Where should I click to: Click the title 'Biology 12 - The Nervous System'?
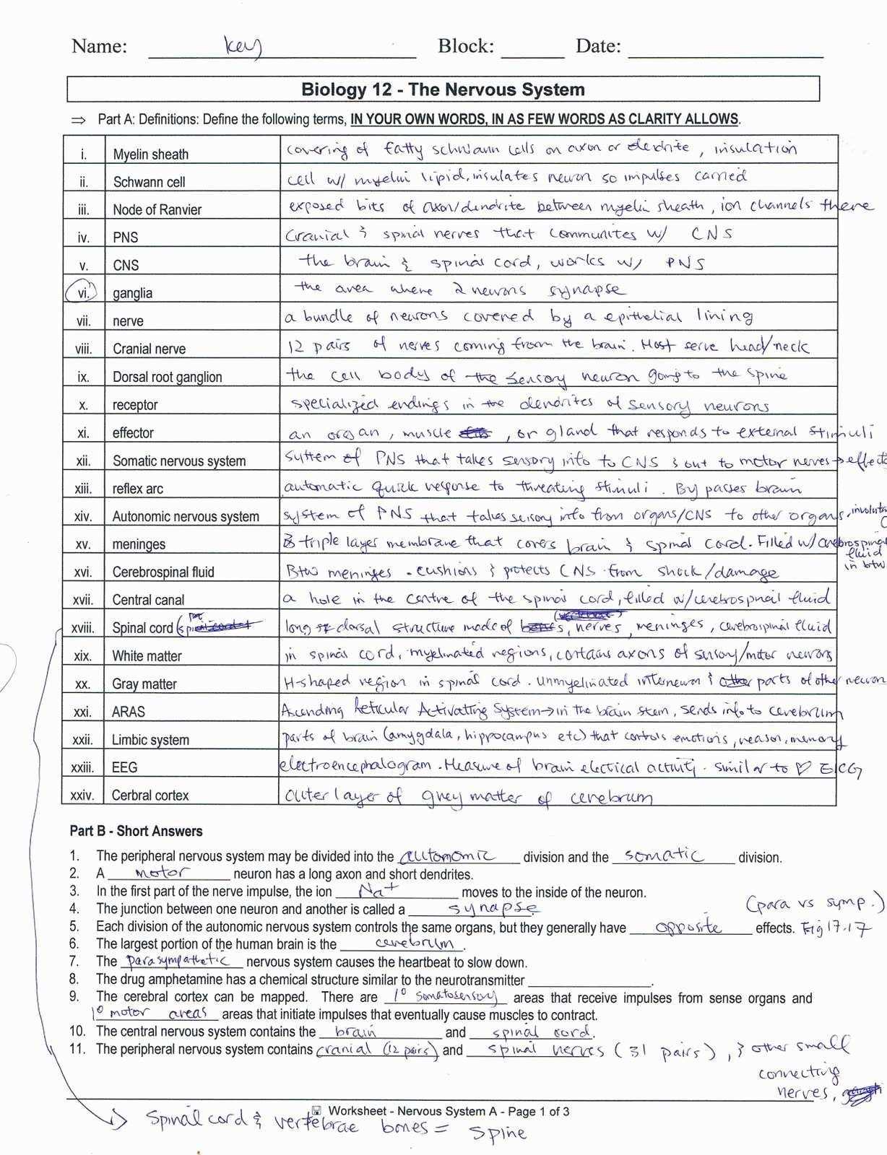coord(443,90)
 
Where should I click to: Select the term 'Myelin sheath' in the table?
coord(150,154)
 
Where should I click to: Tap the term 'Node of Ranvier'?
coord(157,210)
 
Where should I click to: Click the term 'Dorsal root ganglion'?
coord(167,377)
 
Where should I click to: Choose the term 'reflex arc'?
coord(137,489)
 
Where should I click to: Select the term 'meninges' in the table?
coord(139,544)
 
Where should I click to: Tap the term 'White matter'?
coord(147,656)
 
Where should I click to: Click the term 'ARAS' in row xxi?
coord(128,712)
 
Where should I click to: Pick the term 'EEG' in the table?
coord(124,767)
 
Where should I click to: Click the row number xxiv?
coord(82,796)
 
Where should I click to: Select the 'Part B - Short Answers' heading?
coord(136,831)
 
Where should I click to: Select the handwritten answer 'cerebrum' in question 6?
coord(414,943)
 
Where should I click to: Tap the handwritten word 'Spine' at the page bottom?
coord(498,1132)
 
